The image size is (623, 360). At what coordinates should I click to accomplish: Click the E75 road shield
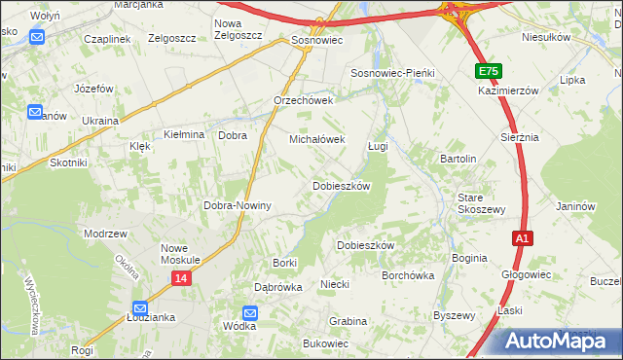(489, 72)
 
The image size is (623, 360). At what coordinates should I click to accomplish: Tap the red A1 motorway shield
(523, 238)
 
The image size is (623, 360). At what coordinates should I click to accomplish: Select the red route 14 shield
(181, 278)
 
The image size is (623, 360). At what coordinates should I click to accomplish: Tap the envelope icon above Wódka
(250, 312)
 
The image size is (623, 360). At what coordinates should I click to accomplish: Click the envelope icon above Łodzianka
(139, 305)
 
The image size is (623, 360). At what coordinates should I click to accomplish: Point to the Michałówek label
(317, 139)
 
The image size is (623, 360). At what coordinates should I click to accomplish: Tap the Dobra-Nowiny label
(237, 206)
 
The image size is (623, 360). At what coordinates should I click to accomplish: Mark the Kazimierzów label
(509, 90)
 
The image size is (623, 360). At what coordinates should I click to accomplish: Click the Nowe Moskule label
(180, 254)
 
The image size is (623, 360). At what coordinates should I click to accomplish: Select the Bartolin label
(458, 159)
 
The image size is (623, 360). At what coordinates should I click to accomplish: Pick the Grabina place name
(348, 321)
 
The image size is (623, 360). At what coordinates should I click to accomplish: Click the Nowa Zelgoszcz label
(238, 29)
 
